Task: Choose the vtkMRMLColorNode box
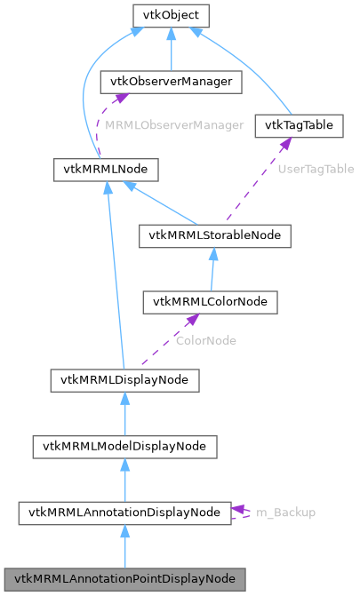[211, 301]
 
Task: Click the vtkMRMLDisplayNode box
[124, 380]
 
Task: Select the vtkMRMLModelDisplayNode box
[124, 446]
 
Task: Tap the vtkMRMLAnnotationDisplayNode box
[124, 513]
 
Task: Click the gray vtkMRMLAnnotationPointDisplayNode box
[124, 578]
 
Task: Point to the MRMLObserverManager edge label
[174, 125]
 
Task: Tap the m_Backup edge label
[285, 513]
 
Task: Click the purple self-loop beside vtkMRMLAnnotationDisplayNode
[241, 513]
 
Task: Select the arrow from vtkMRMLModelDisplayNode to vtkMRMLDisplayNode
[124, 413]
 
